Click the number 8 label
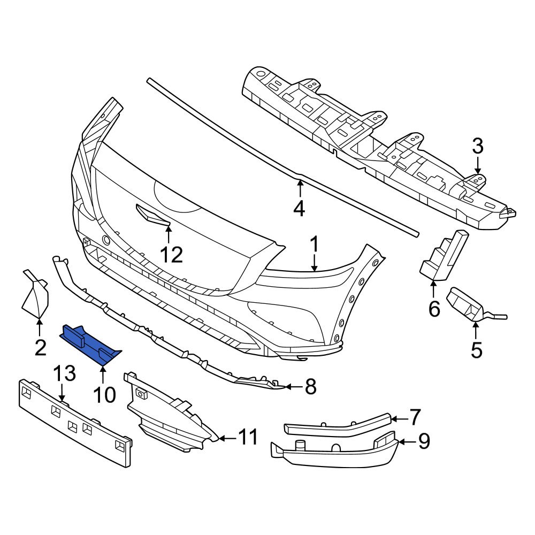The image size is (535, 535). coord(310,386)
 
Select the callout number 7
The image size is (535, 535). coord(415,417)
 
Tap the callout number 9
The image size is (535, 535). coord(424,442)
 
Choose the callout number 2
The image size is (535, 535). coord(40,347)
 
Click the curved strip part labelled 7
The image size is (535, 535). coord(337,424)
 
